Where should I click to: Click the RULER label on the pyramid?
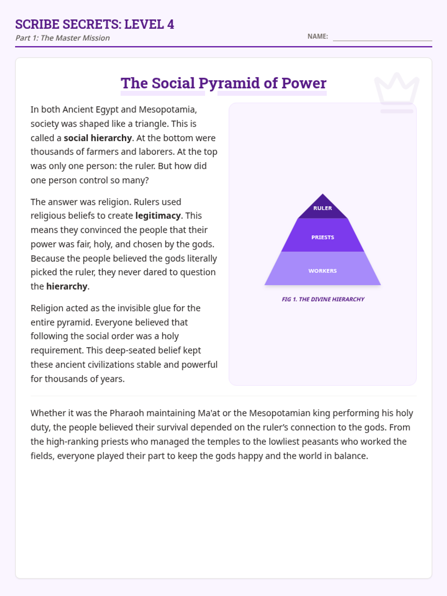point(323,208)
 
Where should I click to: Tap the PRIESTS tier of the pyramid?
point(323,237)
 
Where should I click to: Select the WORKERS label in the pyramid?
point(323,271)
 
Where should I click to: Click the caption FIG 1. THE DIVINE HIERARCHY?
point(323,299)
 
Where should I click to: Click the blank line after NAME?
point(382,37)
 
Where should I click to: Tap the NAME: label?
point(317,37)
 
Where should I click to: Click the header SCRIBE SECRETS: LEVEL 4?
point(95,24)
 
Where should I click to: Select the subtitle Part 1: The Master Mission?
point(63,38)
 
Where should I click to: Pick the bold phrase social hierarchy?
point(98,138)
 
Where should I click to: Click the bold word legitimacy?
point(158,216)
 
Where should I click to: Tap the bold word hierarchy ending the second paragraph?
point(67,286)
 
